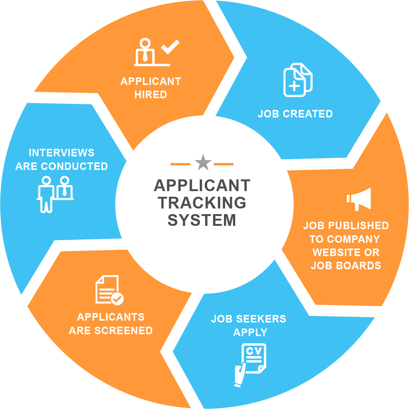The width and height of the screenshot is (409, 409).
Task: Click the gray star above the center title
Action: pyautogui.click(x=203, y=162)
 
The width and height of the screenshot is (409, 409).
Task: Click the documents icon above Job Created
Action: pyautogui.click(x=298, y=80)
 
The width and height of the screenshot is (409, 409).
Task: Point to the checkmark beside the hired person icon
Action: pyautogui.click(x=170, y=46)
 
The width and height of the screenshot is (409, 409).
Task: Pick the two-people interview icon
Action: pyautogui.click(x=55, y=193)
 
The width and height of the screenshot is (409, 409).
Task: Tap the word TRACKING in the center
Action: pyautogui.click(x=202, y=203)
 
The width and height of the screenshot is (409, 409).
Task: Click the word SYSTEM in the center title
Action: pyautogui.click(x=202, y=220)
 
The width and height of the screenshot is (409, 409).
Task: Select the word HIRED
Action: pyautogui.click(x=151, y=94)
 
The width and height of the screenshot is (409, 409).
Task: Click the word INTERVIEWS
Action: pyautogui.click(x=62, y=153)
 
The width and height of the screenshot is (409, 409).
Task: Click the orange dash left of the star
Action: pyautogui.click(x=180, y=164)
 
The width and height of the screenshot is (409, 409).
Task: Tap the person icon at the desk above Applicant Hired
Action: pyautogui.click(x=145, y=51)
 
